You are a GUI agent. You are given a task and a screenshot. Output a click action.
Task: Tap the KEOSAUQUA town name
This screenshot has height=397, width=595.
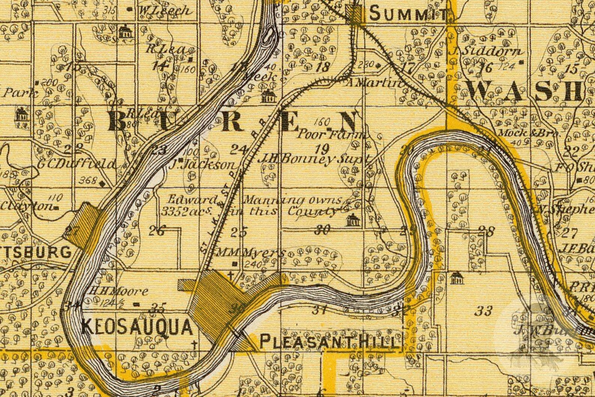(137, 327)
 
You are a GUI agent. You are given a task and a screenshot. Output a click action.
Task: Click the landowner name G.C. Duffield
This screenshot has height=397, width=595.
(77, 164)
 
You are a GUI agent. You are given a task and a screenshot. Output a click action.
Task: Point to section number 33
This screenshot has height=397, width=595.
(483, 310)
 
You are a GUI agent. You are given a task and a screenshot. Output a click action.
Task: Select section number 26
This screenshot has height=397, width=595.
(156, 231)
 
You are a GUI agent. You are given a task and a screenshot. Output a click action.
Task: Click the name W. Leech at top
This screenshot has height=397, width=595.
(163, 10)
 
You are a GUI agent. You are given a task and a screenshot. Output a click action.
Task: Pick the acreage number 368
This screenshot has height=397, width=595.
(87, 180)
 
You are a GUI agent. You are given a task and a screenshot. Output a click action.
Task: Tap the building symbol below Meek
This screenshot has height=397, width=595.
(269, 96)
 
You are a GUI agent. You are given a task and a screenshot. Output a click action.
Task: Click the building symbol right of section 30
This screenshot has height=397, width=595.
(353, 220)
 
